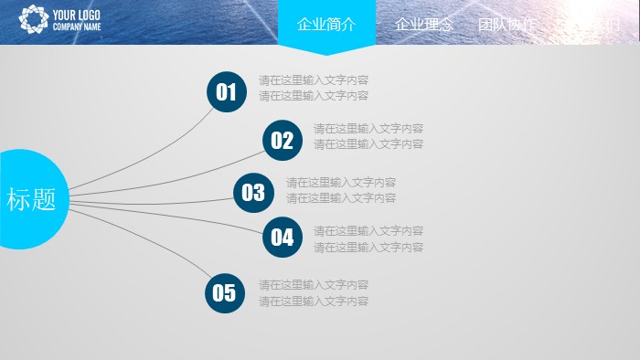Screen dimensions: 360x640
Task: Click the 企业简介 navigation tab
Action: tap(326, 25)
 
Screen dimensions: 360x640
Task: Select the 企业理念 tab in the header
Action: tap(423, 25)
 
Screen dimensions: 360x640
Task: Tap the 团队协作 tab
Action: tap(507, 25)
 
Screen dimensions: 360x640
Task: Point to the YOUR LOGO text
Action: tap(77, 15)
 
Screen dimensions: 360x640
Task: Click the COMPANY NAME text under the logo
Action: tap(77, 27)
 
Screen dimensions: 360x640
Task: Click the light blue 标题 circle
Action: tap(33, 199)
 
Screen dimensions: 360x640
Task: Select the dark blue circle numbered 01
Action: tap(226, 92)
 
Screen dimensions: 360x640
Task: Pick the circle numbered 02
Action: tap(282, 141)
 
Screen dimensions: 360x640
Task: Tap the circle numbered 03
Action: tap(253, 192)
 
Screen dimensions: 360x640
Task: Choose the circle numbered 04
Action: tap(282, 238)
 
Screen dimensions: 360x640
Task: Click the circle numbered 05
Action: tap(224, 293)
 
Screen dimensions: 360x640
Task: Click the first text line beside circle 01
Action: tap(314, 79)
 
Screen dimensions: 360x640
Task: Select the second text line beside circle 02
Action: tap(368, 144)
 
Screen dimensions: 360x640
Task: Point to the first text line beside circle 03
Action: tap(341, 182)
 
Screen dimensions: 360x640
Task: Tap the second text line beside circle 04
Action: tap(368, 247)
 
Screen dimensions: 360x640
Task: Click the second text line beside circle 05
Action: tap(314, 301)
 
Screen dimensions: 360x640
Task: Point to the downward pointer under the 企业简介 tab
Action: tap(326, 50)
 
